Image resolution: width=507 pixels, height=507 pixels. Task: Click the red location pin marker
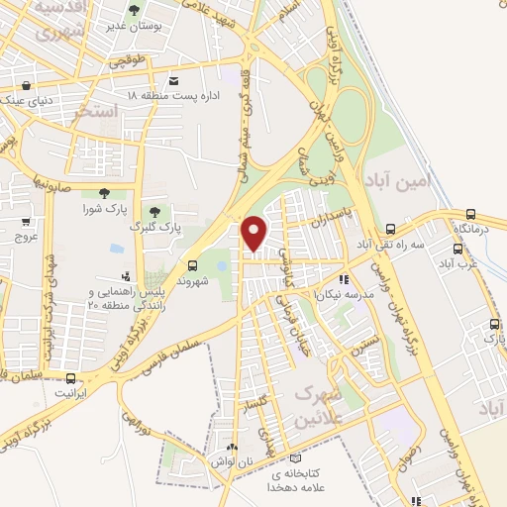(254, 233)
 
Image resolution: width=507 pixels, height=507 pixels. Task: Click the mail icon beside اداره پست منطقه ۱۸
(174, 81)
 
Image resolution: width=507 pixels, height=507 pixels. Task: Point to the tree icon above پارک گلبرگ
(154, 210)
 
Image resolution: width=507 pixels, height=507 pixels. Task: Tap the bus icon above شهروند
(194, 265)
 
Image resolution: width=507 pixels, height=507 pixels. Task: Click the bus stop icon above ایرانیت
(70, 378)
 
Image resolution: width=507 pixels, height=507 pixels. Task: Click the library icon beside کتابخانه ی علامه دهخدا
(295, 457)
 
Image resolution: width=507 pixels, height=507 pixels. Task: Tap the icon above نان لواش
(232, 448)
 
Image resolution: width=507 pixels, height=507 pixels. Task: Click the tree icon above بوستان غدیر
(135, 9)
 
